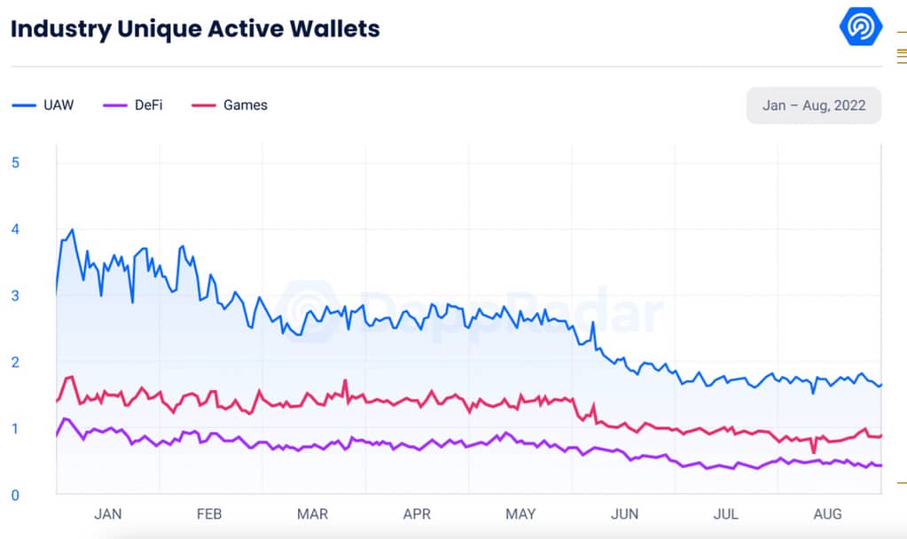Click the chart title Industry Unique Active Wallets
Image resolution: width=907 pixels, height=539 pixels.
click(195, 28)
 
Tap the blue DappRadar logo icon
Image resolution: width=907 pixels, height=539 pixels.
click(860, 27)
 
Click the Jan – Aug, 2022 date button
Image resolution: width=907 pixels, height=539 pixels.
click(813, 105)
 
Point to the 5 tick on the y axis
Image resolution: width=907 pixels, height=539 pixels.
click(14, 162)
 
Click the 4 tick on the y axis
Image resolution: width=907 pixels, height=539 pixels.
click(14, 229)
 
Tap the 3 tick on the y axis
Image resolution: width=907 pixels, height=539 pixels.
click(14, 295)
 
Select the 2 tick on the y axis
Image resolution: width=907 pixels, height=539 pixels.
click(14, 362)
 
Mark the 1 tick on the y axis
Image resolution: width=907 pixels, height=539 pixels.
click(14, 428)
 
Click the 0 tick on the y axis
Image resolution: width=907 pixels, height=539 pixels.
click(14, 495)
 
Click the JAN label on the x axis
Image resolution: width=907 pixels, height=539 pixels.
click(107, 514)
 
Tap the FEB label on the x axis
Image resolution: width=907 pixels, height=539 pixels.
click(208, 514)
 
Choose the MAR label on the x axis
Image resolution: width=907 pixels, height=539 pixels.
click(312, 514)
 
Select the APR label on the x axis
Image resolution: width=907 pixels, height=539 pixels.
click(417, 514)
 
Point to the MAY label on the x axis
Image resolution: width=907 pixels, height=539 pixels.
click(520, 514)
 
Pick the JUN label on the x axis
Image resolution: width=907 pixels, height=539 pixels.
click(624, 514)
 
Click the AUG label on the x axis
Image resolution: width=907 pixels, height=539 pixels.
click(828, 514)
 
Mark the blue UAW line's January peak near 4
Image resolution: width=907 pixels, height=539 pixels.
click(72, 230)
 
